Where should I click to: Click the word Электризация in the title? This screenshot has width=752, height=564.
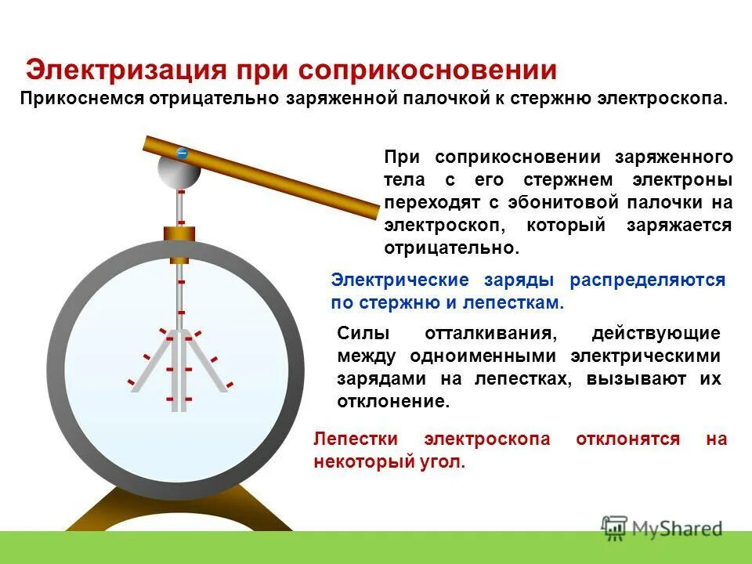click(x=117, y=70)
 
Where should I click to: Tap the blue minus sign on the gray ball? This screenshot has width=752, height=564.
click(x=182, y=154)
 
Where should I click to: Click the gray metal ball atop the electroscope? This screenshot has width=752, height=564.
click(x=179, y=172)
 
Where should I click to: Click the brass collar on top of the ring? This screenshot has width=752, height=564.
click(x=179, y=233)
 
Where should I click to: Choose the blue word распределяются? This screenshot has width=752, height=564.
click(x=647, y=280)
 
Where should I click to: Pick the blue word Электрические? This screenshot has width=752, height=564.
click(x=399, y=280)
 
